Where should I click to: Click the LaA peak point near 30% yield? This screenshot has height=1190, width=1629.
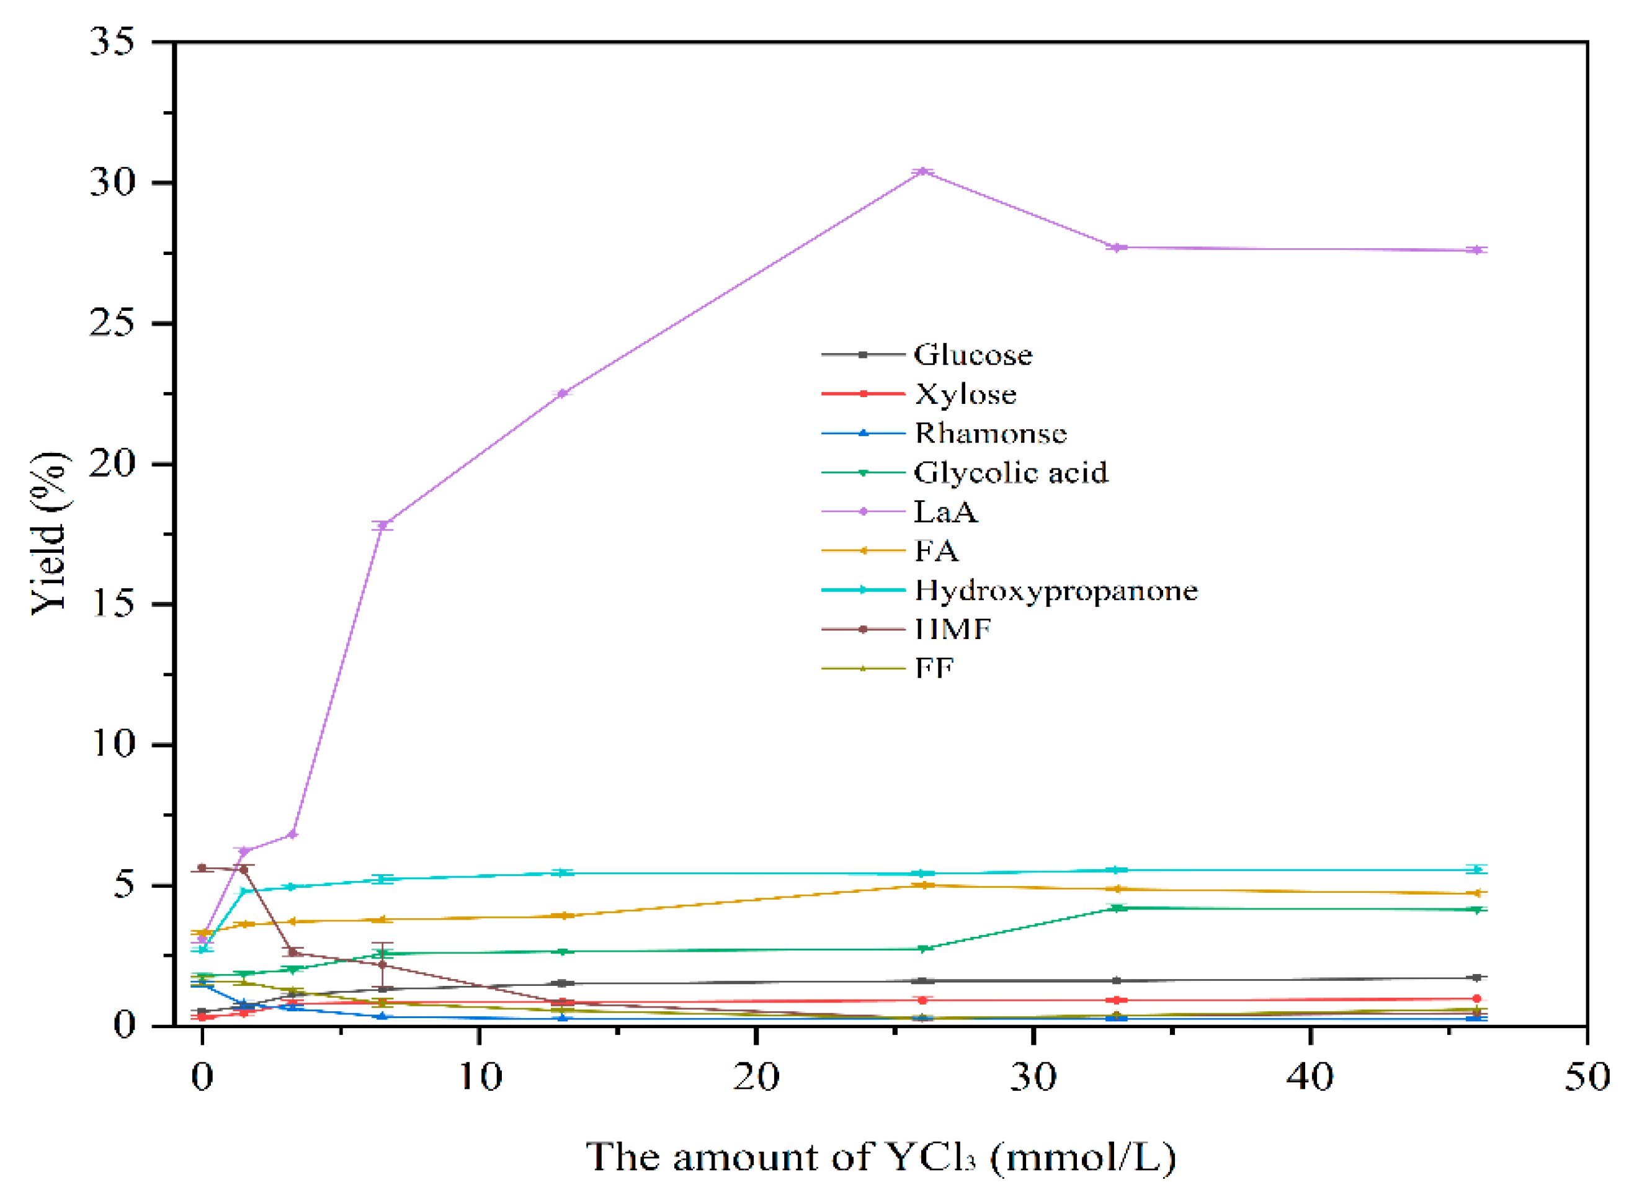(922, 171)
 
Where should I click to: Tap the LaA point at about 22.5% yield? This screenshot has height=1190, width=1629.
(563, 393)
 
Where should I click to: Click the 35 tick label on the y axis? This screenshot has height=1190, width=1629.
(112, 42)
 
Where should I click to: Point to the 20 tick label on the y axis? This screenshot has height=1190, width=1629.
(112, 464)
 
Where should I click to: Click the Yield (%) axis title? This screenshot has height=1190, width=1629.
(49, 533)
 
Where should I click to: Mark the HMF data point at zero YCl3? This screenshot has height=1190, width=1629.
(202, 868)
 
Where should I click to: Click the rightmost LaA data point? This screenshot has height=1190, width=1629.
(1476, 250)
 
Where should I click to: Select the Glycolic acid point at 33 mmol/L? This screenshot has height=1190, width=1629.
(1117, 908)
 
